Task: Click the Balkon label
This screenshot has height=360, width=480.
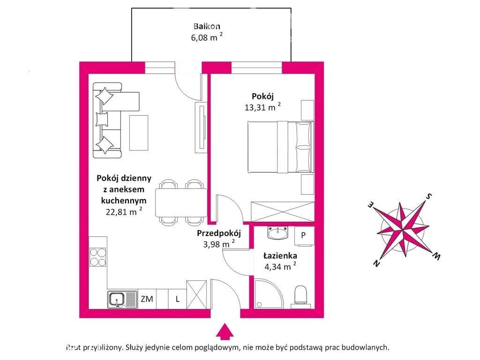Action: (207, 26)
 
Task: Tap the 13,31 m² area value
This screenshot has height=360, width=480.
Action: (262, 107)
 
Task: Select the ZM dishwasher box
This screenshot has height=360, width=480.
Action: (147, 299)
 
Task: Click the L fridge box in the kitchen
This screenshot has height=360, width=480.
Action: (177, 299)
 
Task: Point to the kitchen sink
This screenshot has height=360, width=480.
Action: (122, 300)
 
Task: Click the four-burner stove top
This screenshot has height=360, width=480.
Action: (97, 257)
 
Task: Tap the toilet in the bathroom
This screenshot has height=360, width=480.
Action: (300, 295)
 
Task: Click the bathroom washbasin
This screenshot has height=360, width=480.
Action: (277, 233)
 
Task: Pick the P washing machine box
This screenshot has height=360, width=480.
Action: (304, 236)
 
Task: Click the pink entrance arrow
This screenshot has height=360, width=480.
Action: (225, 331)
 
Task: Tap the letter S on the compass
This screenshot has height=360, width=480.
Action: (429, 196)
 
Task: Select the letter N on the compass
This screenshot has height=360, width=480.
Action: (376, 263)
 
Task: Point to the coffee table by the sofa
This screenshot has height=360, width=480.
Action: (139, 133)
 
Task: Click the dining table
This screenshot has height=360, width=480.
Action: (181, 202)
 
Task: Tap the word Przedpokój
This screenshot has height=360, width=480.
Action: (219, 233)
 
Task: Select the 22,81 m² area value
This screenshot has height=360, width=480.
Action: (124, 211)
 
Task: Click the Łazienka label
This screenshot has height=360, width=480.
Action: (280, 255)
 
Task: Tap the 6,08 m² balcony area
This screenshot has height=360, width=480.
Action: (207, 37)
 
